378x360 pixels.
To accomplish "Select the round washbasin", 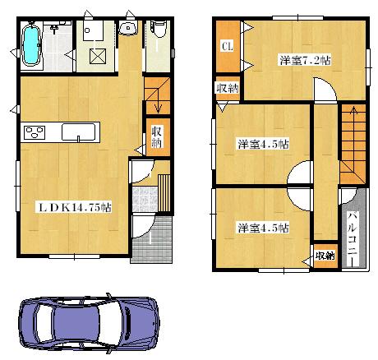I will coord(128,31).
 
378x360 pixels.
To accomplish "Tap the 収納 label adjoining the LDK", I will coord(155,136).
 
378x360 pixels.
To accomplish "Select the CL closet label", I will coord(226,46).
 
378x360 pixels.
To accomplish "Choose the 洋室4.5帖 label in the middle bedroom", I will coord(262,144).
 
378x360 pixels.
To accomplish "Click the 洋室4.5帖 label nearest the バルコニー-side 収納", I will coord(262,228).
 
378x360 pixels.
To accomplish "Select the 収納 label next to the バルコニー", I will coord(325,255).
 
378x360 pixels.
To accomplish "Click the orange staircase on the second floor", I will coord(352,144).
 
